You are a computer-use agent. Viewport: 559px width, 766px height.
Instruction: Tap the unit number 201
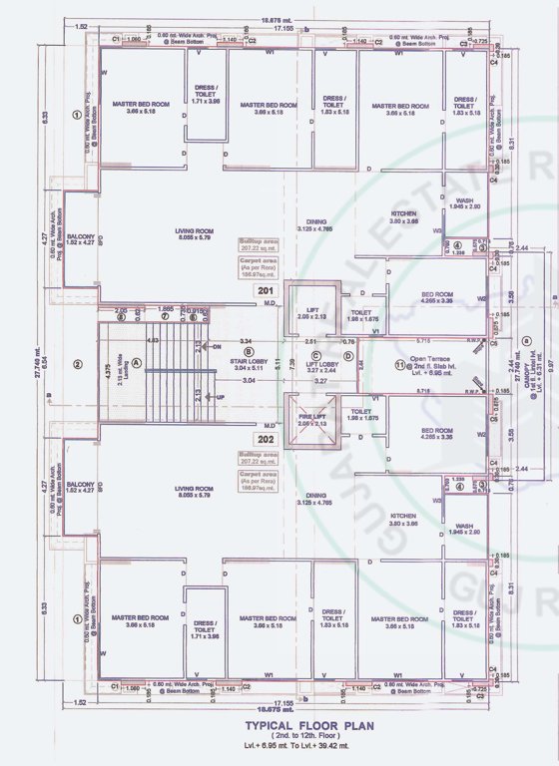267,291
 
